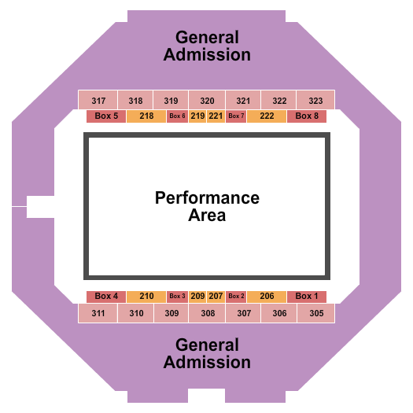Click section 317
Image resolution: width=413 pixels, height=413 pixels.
[x=98, y=101]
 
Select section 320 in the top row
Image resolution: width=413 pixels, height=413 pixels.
[x=207, y=101]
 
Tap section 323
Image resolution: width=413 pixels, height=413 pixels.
[x=315, y=101]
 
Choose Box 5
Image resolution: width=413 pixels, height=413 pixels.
[x=106, y=116]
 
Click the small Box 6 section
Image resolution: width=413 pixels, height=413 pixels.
[x=177, y=116]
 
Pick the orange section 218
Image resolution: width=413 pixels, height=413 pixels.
[x=146, y=116]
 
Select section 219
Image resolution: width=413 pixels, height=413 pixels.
[x=197, y=116]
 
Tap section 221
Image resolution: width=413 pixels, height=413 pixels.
[x=216, y=116]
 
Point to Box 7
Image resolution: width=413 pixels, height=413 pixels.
[x=236, y=116]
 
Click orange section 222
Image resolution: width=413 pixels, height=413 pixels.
[x=267, y=116]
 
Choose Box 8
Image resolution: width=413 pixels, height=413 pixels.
[x=307, y=116]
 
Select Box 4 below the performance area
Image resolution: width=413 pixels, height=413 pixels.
[x=106, y=297]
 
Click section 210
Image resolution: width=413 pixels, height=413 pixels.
[x=146, y=297]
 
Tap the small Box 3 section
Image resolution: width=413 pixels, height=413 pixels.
[x=177, y=297]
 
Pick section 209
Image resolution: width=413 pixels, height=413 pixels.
[x=197, y=297]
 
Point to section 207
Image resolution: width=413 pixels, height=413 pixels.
[x=216, y=297]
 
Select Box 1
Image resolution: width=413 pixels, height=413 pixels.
[x=307, y=297]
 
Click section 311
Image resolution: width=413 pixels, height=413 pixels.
[x=98, y=313]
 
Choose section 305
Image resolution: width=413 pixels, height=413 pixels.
[x=315, y=313]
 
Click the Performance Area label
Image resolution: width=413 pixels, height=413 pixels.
[x=207, y=206]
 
